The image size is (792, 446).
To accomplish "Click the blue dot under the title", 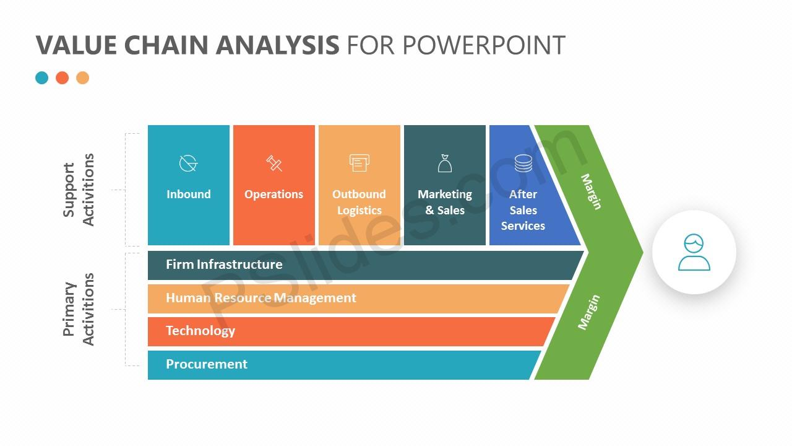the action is coord(41,77).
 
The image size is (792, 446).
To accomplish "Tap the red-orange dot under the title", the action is coord(62,77).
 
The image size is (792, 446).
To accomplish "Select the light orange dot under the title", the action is coord(83,77).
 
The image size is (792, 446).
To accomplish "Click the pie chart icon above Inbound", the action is coord(188,163).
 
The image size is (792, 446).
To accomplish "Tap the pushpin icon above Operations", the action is coord(274,163).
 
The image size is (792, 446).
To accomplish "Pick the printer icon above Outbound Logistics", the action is coord(359,163).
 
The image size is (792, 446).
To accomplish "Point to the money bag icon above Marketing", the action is coord(445,163).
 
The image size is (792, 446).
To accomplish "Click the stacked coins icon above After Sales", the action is coord(523,163).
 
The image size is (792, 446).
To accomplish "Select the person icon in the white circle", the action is coord(694,252).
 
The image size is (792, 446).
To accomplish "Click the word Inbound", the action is coord(189,194).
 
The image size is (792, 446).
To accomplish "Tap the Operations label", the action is coord(274,195).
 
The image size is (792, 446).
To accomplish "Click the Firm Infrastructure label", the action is coord(224,265).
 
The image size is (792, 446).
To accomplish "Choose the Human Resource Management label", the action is coord(261,298).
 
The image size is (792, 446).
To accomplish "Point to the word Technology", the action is coord(200,331).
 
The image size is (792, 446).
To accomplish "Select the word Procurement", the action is coord(207,364).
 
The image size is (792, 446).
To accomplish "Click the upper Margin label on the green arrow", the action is coord(591,191).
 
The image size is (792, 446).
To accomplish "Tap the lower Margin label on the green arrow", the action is coord(589,312).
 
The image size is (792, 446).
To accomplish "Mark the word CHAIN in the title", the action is coord(166,45).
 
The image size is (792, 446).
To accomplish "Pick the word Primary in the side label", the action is coord(69,309).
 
